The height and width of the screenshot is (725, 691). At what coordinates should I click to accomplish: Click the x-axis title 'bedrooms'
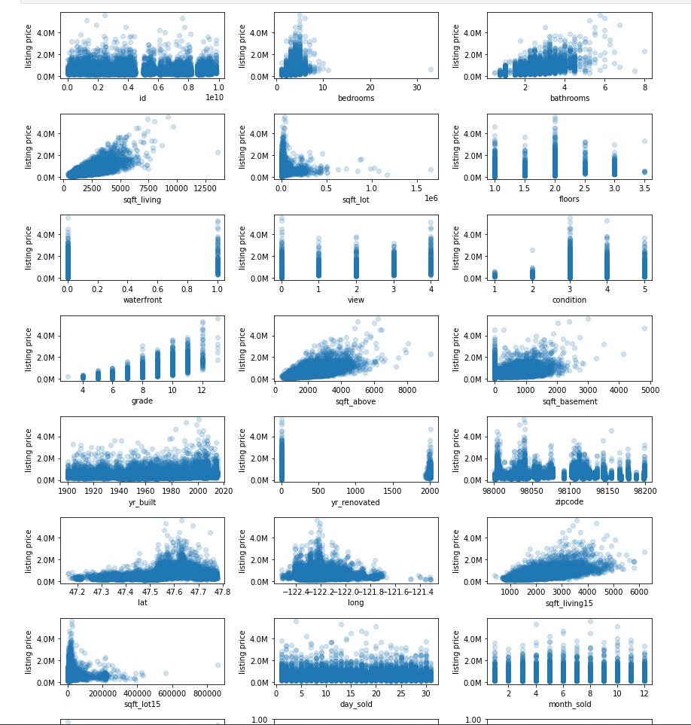(x=355, y=98)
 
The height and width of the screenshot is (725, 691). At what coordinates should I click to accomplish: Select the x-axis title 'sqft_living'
(x=142, y=200)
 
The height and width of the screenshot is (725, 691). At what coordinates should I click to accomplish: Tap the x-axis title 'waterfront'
(x=142, y=300)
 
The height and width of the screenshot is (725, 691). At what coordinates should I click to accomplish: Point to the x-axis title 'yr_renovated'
(x=355, y=502)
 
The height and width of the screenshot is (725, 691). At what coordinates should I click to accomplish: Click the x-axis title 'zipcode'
(x=569, y=502)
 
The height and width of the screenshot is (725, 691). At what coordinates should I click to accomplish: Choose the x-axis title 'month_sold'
(x=569, y=704)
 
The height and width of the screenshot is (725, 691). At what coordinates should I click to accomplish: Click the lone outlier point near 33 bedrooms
(x=431, y=70)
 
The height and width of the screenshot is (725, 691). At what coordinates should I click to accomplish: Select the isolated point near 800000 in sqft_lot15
(x=218, y=665)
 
